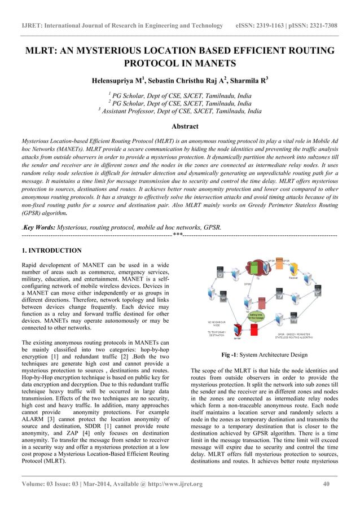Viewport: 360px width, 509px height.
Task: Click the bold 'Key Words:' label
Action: click(39, 227)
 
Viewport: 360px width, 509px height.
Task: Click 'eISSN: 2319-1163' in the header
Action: click(265, 26)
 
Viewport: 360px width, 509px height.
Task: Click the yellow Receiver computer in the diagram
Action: click(293, 270)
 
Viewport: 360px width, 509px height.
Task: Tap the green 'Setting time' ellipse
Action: click(256, 315)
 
